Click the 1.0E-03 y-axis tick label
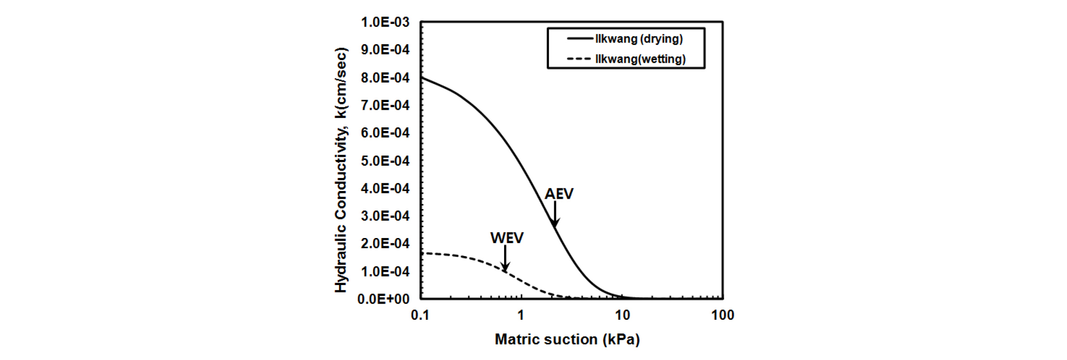point(385,22)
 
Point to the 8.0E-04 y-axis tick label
point(385,78)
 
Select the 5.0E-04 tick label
point(385,161)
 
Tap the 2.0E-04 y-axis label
point(385,243)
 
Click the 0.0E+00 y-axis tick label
point(383,299)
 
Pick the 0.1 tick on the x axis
point(420,315)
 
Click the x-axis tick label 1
point(521,315)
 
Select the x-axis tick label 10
point(622,315)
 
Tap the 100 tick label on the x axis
point(722,315)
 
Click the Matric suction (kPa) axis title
point(567,339)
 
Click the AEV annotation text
point(559,194)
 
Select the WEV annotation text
point(507,238)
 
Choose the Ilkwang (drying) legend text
point(639,39)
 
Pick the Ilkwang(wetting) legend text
point(640,59)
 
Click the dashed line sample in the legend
point(579,59)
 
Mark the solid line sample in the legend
point(579,39)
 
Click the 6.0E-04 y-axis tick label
point(385,133)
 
